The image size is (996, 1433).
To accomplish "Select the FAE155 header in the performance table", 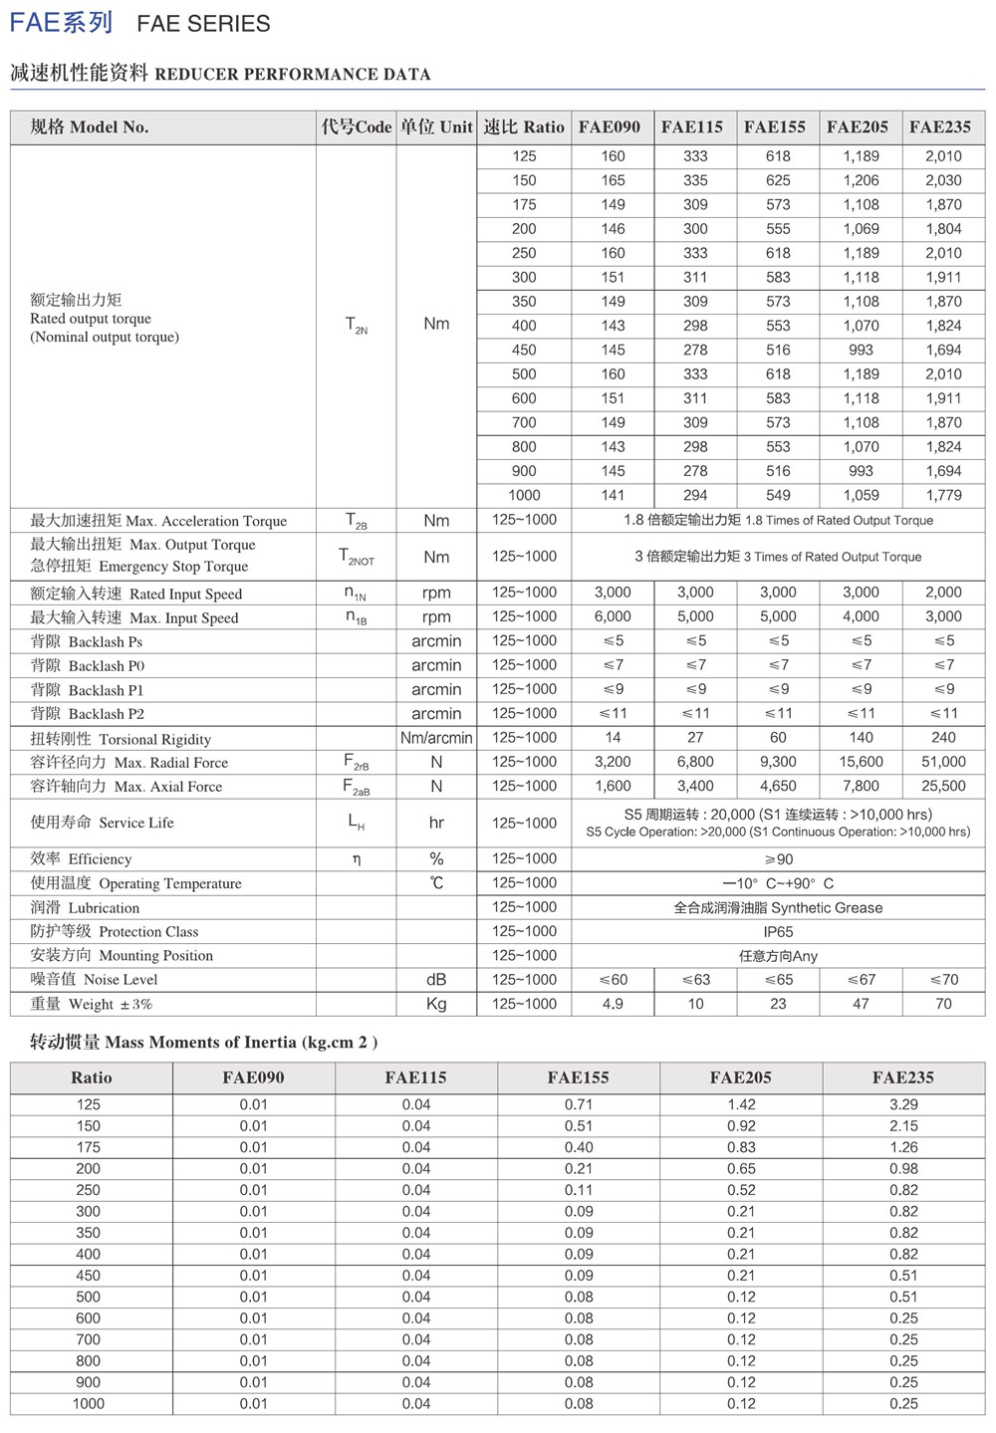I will tap(774, 127).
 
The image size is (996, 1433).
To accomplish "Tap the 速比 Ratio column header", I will tap(524, 127).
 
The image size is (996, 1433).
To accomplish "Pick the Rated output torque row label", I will tap(91, 319).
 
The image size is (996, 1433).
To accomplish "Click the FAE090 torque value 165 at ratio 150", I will tap(613, 180).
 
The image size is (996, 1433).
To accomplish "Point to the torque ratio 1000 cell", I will tap(524, 495).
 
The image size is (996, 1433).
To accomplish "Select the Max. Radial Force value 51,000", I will tap(942, 762).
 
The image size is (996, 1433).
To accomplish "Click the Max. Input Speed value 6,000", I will tap(613, 616).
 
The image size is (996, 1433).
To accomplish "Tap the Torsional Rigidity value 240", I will tap(942, 738).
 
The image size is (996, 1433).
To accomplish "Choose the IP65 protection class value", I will tap(778, 932).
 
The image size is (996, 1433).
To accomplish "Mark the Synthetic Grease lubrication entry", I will tap(778, 908).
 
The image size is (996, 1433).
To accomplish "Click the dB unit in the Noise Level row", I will tap(436, 980).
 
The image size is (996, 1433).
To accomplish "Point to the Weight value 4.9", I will tap(613, 1004).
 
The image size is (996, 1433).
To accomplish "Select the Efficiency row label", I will tap(81, 859).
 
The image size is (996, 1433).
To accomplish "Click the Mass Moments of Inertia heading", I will tap(204, 1043).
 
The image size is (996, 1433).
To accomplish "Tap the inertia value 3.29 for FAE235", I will tap(903, 1104).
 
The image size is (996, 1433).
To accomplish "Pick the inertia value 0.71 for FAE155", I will tap(579, 1104).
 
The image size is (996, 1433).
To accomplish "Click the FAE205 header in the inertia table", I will tap(740, 1077).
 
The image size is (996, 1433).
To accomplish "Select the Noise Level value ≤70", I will tap(942, 980).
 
